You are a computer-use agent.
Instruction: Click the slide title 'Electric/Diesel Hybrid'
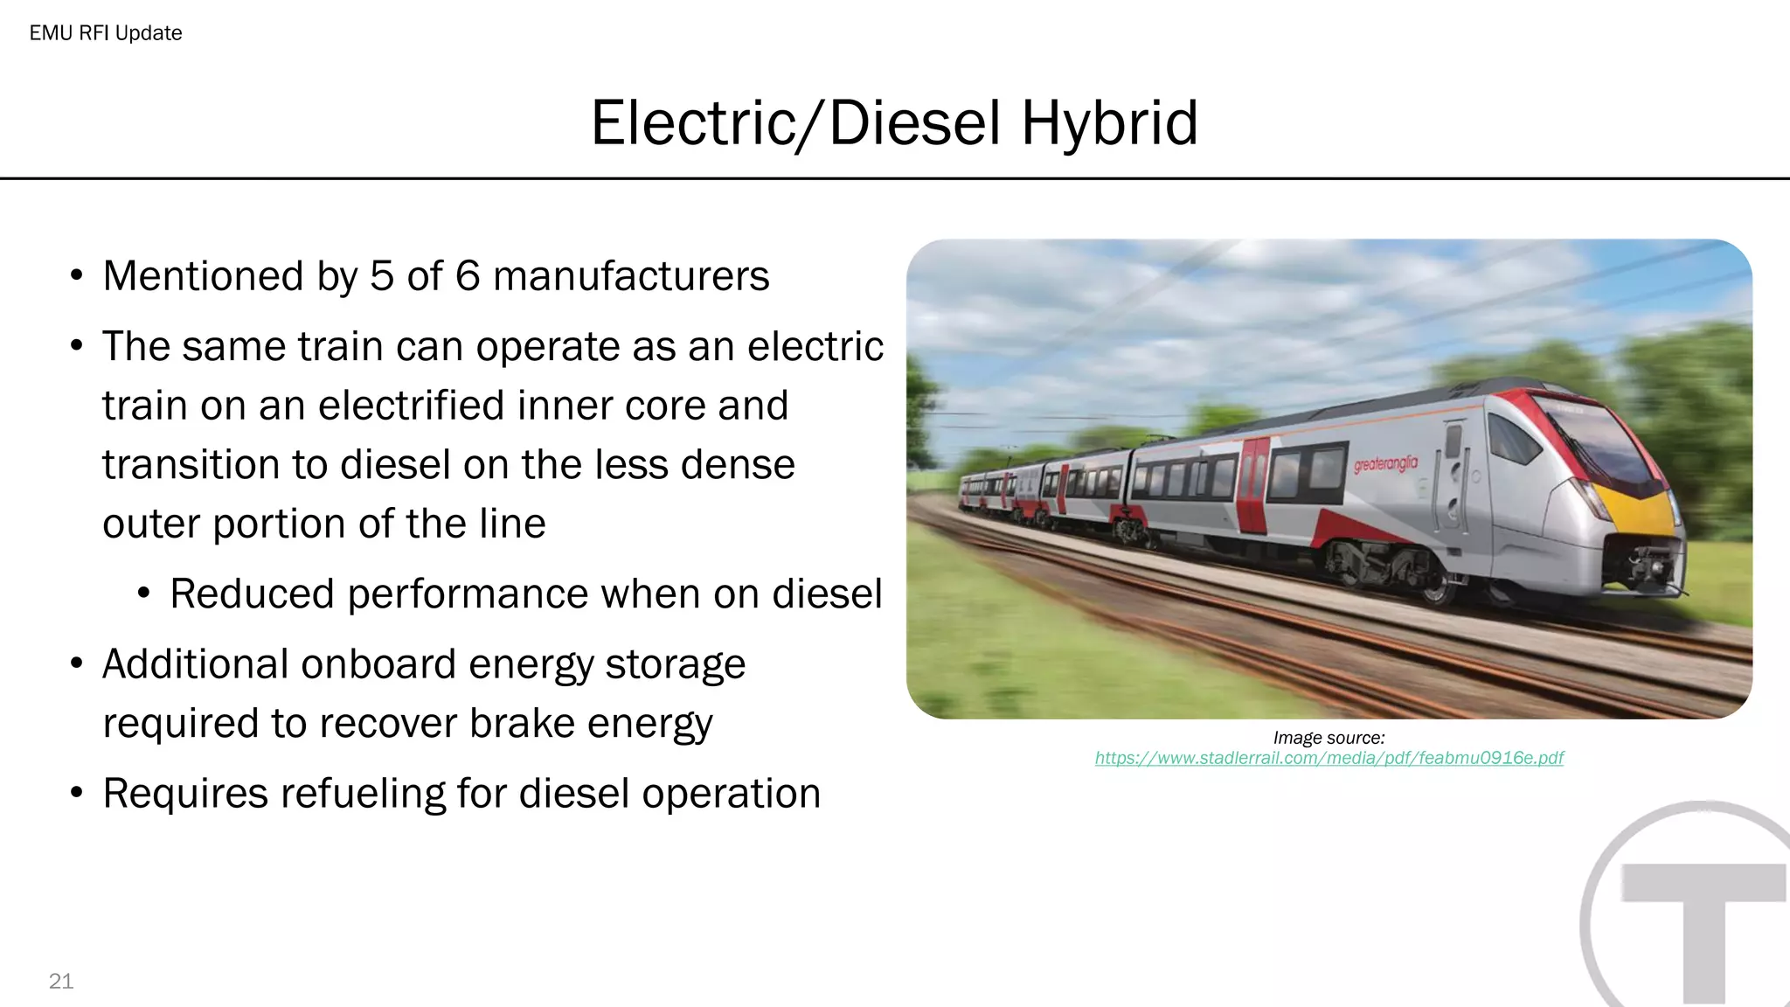point(894,123)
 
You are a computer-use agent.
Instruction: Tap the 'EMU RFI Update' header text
point(106,33)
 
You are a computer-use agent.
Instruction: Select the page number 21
point(61,981)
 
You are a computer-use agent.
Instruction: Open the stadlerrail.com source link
point(1329,758)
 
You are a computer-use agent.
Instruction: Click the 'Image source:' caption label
point(1329,738)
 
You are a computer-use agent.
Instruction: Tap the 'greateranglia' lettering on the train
point(1385,463)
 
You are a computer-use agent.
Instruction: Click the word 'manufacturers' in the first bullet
point(631,276)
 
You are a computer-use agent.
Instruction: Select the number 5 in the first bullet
point(382,276)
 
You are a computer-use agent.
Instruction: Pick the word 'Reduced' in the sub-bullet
point(252,594)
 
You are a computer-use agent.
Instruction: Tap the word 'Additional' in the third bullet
point(190,664)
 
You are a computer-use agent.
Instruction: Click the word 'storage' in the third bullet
point(675,664)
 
